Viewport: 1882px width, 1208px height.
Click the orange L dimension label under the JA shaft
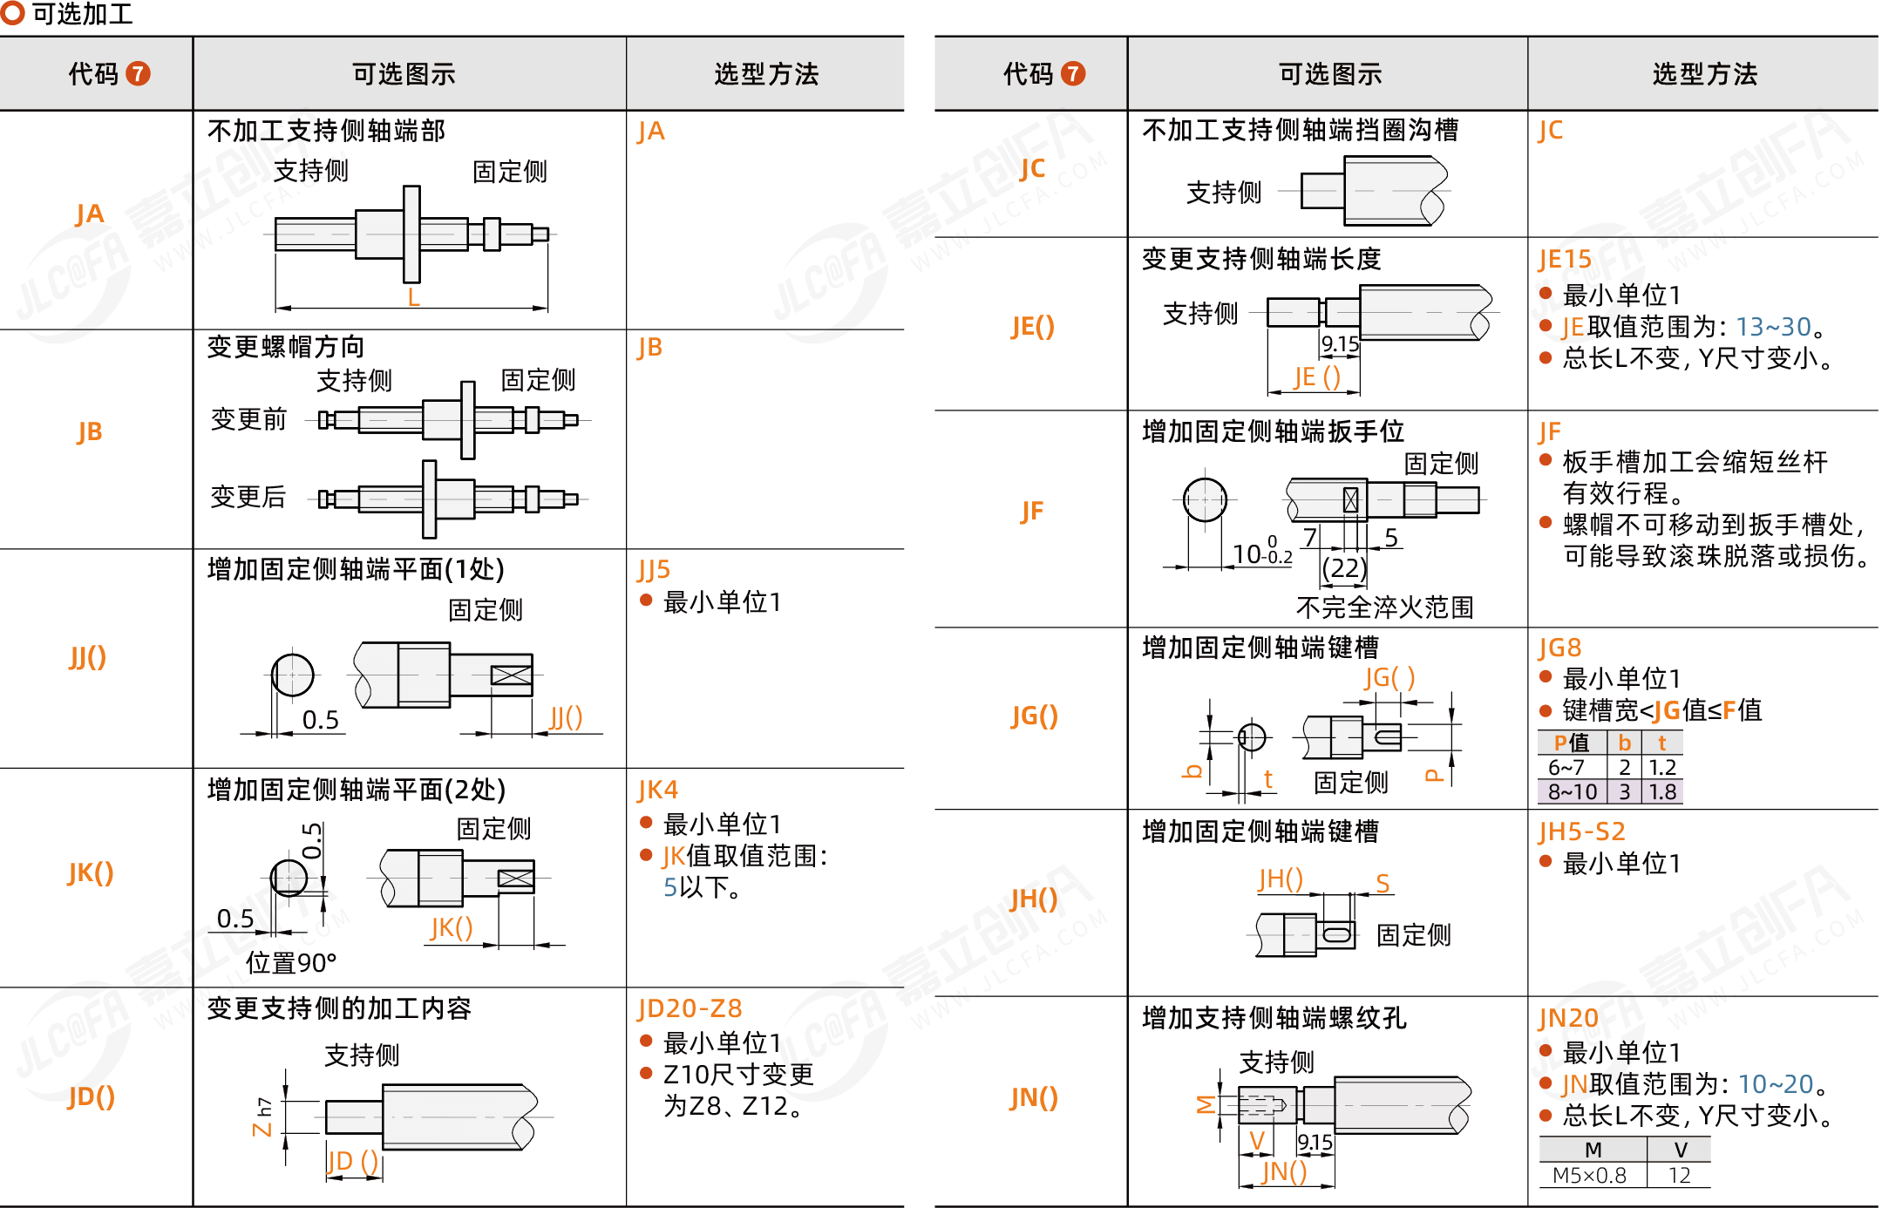(413, 297)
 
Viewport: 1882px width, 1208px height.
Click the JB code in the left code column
(89, 431)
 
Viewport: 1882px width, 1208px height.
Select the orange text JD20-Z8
(690, 1008)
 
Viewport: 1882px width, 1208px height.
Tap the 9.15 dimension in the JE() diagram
(1340, 344)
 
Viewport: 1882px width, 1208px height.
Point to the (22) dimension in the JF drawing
(1343, 568)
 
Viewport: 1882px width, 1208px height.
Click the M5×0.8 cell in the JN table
(1589, 1175)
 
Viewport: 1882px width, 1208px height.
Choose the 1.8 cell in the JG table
(1662, 791)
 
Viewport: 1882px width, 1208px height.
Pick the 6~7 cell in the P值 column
(1566, 767)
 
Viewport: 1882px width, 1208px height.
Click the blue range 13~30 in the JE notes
(1773, 327)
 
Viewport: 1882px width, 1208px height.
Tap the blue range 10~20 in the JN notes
(1776, 1083)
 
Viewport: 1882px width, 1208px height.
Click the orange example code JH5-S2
(1582, 831)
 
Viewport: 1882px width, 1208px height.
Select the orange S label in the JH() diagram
(1383, 884)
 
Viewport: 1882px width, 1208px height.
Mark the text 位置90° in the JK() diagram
(291, 963)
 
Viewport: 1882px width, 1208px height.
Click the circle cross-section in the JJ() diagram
(293, 675)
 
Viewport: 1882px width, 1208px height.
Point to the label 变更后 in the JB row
(248, 497)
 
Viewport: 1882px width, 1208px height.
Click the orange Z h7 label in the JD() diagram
(262, 1117)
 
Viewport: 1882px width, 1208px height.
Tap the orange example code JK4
(657, 790)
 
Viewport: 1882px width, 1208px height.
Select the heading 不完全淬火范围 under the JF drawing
(1384, 607)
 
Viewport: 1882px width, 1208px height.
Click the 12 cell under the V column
(1679, 1175)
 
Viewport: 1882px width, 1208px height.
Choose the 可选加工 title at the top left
(82, 14)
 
